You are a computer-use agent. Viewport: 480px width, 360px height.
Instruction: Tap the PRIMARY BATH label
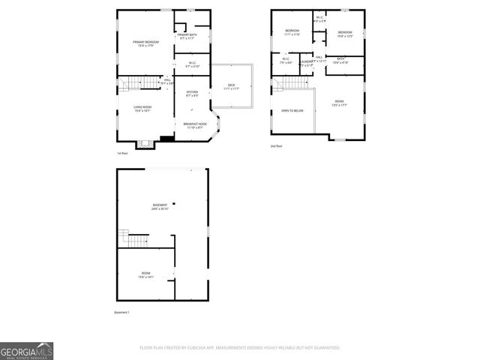pos(187,36)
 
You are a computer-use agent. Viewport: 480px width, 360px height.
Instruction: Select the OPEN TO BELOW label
pos(292,110)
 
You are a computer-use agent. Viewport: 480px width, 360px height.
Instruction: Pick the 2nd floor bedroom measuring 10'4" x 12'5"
pos(344,33)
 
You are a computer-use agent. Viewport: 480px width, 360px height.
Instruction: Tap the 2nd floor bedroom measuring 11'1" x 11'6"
pos(292,31)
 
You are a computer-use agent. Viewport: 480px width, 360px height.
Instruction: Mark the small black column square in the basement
pos(174,203)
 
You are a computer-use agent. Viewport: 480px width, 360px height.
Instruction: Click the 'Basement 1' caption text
pos(122,312)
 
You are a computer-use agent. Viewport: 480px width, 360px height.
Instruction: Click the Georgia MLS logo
pos(26,351)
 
